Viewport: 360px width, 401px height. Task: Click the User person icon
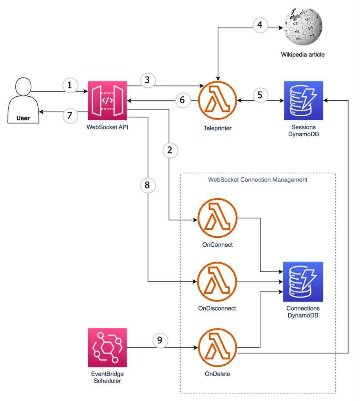23,101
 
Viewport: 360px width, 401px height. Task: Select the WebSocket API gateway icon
107,100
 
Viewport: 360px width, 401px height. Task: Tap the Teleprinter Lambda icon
218,100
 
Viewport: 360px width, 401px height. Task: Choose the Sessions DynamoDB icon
303,100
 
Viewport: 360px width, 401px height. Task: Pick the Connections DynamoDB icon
303,281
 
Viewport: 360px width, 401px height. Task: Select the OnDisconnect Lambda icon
218,281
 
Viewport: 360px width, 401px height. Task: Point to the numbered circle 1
70,86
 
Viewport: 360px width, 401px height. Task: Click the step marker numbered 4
260,26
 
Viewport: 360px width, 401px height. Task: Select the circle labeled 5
260,95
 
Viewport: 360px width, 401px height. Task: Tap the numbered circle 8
147,185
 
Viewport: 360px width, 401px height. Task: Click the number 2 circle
170,150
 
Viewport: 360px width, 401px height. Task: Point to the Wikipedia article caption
302,54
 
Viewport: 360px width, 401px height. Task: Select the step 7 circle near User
70,116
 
